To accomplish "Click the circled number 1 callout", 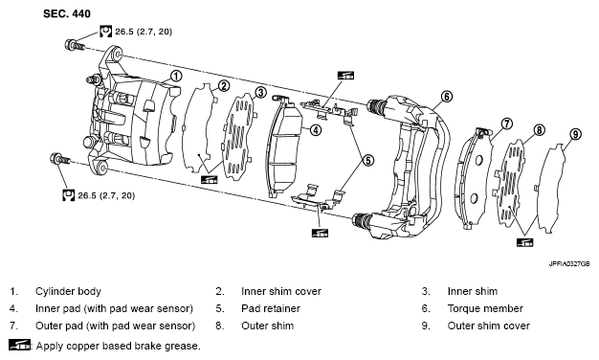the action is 176,76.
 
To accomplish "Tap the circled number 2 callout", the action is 224,85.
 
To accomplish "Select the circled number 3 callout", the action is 260,92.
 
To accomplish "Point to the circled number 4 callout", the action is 316,130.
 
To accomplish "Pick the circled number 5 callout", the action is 368,160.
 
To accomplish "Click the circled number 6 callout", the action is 447,97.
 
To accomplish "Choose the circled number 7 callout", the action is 506,124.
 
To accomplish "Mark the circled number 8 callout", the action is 539,130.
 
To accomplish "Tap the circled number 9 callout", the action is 575,135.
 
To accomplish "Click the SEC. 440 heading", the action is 67,13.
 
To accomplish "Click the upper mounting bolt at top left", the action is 75,45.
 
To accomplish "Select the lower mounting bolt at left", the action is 59,158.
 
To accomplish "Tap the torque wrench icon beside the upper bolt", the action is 106,31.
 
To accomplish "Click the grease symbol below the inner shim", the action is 209,179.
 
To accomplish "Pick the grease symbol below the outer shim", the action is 524,242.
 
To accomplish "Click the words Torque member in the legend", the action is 485,308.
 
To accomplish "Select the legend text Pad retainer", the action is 271,308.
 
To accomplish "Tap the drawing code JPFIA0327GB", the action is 569,264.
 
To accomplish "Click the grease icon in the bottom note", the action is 19,345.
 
